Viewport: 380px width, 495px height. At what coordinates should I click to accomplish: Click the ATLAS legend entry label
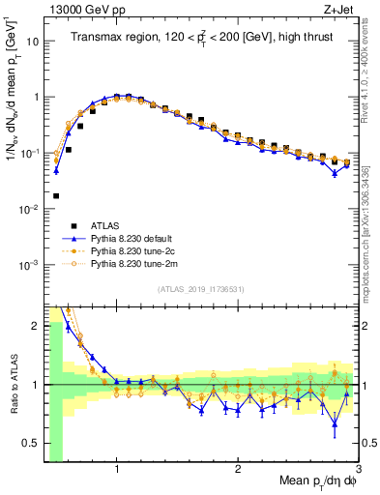click(x=105, y=223)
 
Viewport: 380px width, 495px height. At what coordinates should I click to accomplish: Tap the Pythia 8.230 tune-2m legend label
click(x=136, y=263)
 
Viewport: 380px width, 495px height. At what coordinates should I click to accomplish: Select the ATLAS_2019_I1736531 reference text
click(x=201, y=290)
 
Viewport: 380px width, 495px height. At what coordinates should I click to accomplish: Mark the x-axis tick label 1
click(x=117, y=467)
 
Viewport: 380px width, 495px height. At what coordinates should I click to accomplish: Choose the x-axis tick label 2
click(x=238, y=467)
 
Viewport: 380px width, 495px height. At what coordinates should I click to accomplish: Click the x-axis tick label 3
click(x=358, y=467)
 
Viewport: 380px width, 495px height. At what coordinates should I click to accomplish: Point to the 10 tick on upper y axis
click(x=33, y=42)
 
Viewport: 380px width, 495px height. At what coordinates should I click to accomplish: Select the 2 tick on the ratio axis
click(x=35, y=325)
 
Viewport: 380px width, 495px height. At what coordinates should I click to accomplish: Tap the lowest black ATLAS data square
click(x=56, y=195)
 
